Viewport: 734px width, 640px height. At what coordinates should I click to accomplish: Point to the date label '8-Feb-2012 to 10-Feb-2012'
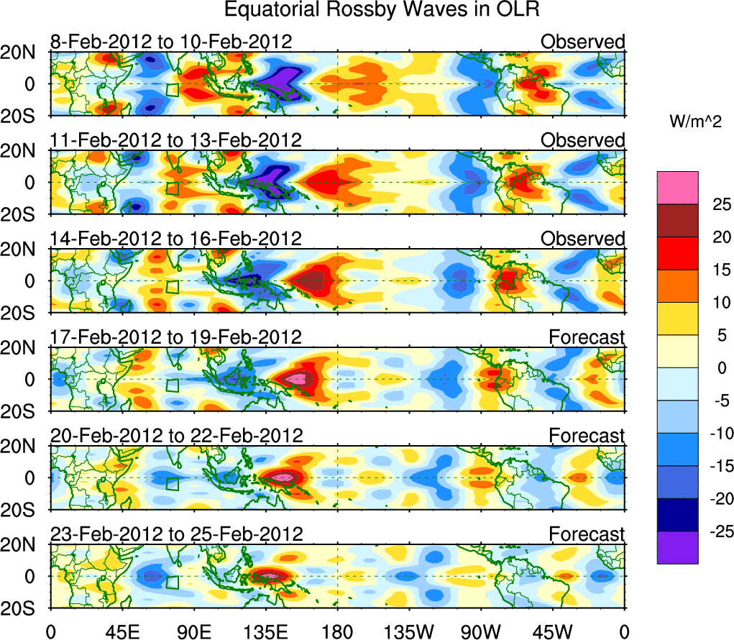(171, 42)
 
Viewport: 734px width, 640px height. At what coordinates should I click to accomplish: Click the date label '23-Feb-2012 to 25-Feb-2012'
(176, 534)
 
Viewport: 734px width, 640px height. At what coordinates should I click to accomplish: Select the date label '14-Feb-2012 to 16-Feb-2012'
(176, 239)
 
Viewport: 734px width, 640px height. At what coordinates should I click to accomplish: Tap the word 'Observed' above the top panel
(582, 42)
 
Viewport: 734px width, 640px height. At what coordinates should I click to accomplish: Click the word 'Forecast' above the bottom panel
(587, 534)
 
